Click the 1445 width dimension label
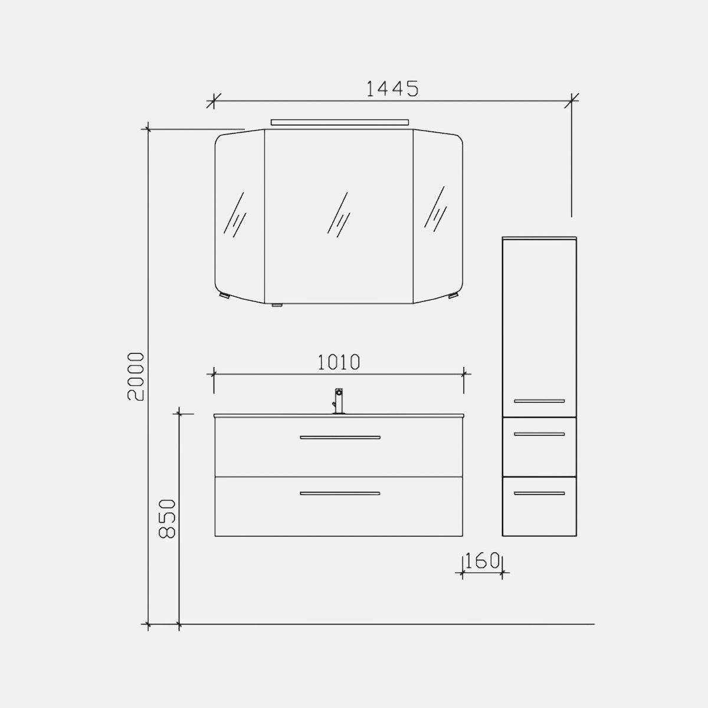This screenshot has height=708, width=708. [x=392, y=89]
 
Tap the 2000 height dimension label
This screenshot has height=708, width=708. [x=136, y=376]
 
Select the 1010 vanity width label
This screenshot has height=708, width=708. [x=339, y=362]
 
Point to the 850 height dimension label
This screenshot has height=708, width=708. [x=167, y=519]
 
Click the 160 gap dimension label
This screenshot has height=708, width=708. [x=483, y=560]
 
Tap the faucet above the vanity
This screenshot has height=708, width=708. [x=339, y=401]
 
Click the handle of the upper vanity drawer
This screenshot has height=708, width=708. [x=340, y=437]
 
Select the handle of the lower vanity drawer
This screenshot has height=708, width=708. [x=340, y=493]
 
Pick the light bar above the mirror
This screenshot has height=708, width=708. [x=339, y=122]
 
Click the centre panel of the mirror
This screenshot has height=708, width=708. [x=339, y=216]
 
